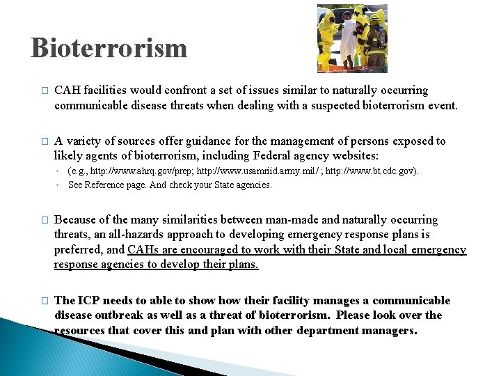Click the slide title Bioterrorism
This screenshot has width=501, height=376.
[x=109, y=48]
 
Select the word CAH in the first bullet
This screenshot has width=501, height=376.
[x=67, y=91]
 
